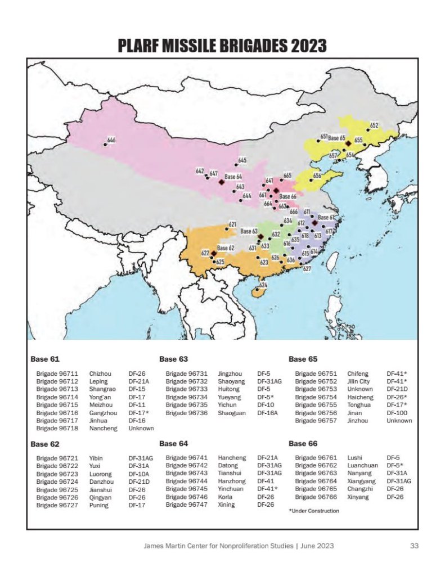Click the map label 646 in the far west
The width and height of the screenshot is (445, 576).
(111, 139)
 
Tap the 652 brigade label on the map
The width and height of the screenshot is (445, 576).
(374, 125)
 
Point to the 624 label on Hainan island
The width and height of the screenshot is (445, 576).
(263, 285)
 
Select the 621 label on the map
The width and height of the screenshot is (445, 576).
(232, 224)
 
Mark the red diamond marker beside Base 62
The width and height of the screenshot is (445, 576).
(214, 254)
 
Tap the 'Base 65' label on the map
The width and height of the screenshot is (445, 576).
(336, 138)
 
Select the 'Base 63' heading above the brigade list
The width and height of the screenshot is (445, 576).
(173, 358)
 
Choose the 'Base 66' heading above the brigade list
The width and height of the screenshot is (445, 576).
(303, 444)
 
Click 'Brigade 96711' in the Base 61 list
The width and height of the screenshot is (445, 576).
(57, 373)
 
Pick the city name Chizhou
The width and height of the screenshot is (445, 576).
(100, 373)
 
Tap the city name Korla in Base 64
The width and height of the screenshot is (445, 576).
(226, 497)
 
